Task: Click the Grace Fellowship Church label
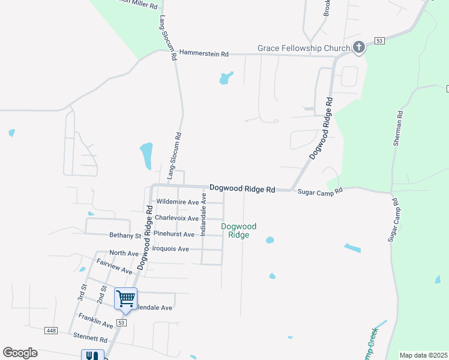point(303,48)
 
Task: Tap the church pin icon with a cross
point(359,47)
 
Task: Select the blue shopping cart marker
point(126,298)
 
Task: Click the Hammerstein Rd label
point(204,54)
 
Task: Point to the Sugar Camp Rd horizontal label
point(320,191)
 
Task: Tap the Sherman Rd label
point(399,130)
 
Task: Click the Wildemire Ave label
point(177,202)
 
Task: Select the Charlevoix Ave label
point(176,218)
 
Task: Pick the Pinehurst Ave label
point(174,234)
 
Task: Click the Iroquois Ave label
point(171,249)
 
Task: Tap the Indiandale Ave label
point(203,214)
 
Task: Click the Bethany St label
point(125,236)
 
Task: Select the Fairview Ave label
point(114,267)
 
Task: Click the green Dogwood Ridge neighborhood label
point(239,230)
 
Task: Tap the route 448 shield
point(51,330)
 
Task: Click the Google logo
point(20,353)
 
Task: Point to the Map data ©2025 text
point(423,355)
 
